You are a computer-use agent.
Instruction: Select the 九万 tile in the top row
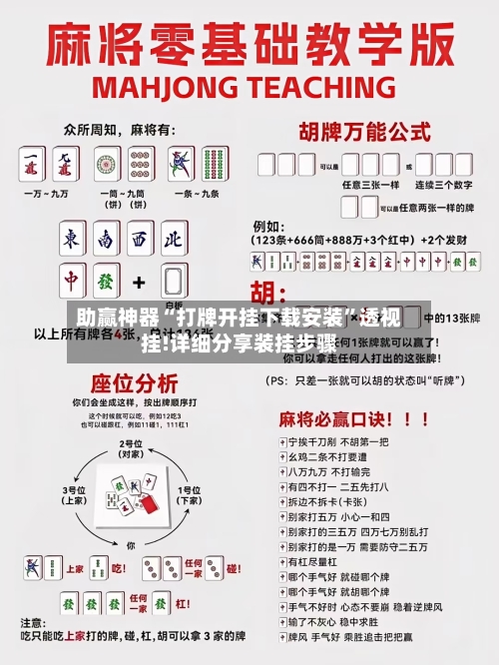[67, 163]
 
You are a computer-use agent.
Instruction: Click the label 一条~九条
[198, 193]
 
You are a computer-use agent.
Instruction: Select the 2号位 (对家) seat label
[130, 446]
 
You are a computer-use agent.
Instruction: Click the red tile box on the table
[148, 506]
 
